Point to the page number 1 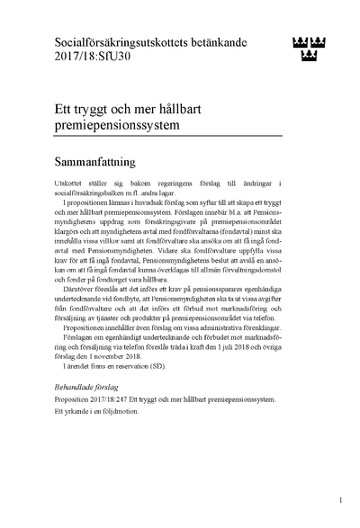click(341, 498)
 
